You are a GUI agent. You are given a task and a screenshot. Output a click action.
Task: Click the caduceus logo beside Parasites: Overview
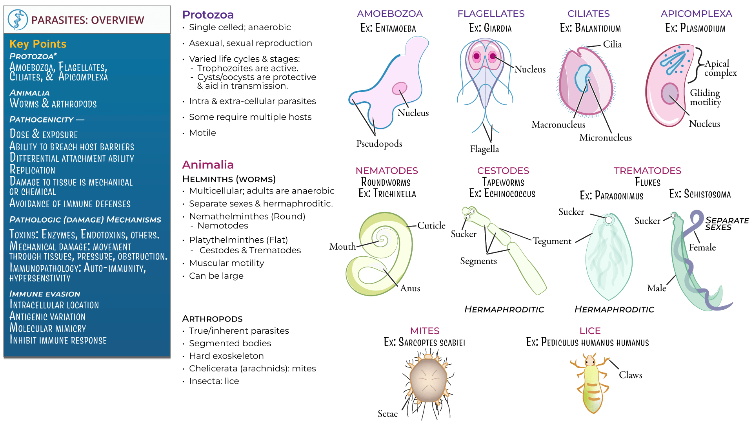tap(18, 20)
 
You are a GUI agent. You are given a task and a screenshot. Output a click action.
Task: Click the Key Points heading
tap(38, 44)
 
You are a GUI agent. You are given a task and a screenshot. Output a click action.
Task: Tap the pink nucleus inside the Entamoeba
tap(400, 88)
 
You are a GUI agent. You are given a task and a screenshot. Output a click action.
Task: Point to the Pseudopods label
tap(379, 144)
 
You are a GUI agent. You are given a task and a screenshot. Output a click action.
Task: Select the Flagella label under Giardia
tap(484, 149)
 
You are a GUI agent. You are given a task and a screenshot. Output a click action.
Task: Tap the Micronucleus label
tap(605, 138)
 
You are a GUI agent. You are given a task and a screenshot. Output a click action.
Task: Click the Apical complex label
tap(720, 68)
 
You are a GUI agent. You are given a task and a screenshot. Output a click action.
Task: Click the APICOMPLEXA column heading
tap(696, 14)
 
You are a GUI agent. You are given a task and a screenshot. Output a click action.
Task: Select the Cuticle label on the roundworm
tap(431, 226)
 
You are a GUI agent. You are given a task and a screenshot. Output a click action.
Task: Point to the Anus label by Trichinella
tap(410, 289)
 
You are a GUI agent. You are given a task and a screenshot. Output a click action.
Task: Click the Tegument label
tap(551, 241)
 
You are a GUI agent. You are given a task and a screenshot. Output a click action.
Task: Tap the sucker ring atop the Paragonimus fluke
tap(608, 220)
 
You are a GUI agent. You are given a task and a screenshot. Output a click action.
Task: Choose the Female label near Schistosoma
tap(702, 248)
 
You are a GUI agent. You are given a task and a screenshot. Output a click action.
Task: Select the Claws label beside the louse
tap(630, 375)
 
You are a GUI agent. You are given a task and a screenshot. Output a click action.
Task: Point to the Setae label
tap(387, 414)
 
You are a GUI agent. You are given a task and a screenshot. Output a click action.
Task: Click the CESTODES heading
tap(503, 171)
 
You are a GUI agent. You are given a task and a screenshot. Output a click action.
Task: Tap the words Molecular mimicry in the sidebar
tap(47, 328)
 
